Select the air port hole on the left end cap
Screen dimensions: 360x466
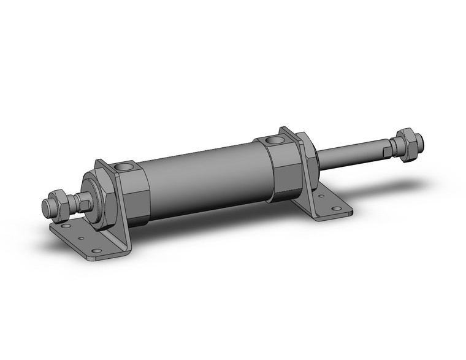click(127, 167)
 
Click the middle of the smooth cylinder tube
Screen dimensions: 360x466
click(202, 178)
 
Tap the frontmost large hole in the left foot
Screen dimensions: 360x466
click(94, 251)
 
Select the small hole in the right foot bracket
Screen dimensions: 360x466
click(319, 197)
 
